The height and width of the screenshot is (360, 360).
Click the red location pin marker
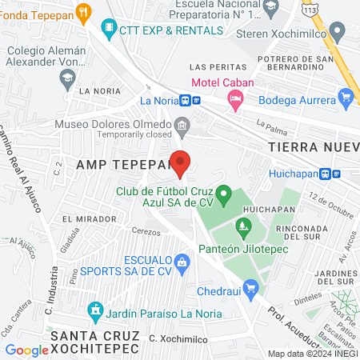(x=181, y=163)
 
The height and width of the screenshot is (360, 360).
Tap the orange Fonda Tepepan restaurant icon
(x=86, y=13)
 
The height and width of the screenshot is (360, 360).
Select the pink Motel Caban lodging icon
(x=234, y=100)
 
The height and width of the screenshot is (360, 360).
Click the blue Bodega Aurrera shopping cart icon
(x=346, y=99)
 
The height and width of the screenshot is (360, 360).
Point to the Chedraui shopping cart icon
(x=251, y=286)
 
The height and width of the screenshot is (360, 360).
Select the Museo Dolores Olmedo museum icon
(x=182, y=125)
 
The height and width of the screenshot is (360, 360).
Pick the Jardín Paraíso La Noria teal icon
(x=96, y=309)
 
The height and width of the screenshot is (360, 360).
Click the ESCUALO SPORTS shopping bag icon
(x=182, y=261)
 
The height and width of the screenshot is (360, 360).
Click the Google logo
(x=26, y=350)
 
